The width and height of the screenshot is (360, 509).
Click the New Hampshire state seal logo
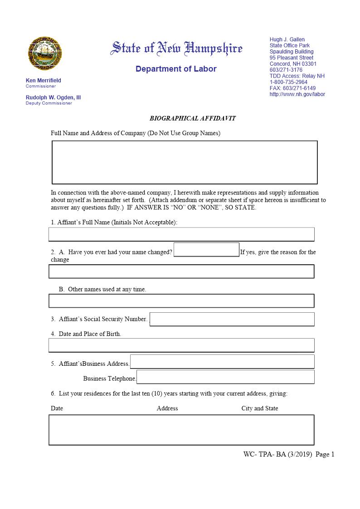[45, 53]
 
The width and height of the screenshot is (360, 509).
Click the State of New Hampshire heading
[176, 48]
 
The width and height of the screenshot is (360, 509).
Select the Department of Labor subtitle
[176, 69]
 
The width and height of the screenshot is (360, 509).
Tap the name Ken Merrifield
[43, 81]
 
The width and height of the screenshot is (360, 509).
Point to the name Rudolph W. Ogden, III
[53, 97]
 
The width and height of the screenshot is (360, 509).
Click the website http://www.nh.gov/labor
[297, 94]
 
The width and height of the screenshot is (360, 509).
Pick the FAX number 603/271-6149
[292, 88]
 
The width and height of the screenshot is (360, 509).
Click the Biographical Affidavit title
[193, 118]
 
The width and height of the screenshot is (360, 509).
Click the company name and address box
[185, 162]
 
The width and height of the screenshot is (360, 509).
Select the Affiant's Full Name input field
[181, 234]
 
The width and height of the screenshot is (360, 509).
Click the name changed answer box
[206, 250]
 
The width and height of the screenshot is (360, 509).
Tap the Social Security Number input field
[232, 319]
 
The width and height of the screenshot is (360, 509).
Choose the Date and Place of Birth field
[181, 345]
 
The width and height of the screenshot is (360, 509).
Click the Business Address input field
[222, 362]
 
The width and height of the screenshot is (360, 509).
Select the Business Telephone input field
[225, 377]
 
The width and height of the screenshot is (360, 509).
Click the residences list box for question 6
[181, 430]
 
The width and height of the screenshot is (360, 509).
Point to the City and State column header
[259, 408]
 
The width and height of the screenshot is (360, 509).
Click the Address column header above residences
[167, 408]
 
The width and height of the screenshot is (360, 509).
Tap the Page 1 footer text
[325, 454]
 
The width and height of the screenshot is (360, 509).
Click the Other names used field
[181, 301]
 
